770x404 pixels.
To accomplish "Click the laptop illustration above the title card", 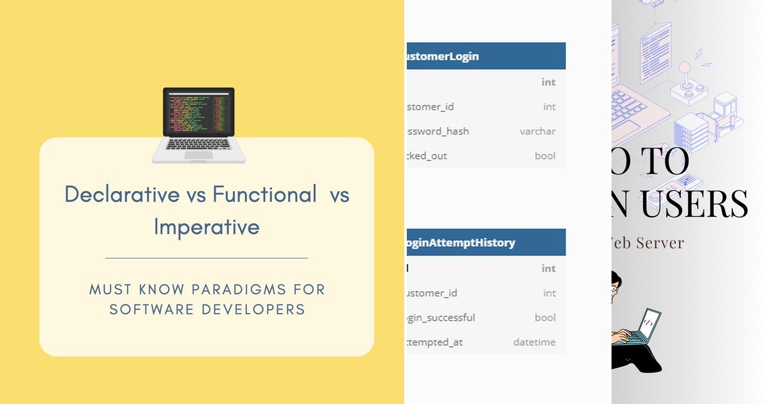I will [198, 124].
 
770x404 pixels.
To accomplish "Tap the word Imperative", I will [207, 227].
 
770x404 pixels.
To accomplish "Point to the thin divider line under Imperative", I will [207, 258].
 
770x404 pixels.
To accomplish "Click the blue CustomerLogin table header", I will [486, 56].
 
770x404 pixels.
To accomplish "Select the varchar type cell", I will [537, 131].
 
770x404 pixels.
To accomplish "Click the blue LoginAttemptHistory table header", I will [486, 242].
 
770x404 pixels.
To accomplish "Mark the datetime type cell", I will [534, 342].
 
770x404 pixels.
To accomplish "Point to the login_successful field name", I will [441, 318].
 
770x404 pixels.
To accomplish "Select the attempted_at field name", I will [434, 342].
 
